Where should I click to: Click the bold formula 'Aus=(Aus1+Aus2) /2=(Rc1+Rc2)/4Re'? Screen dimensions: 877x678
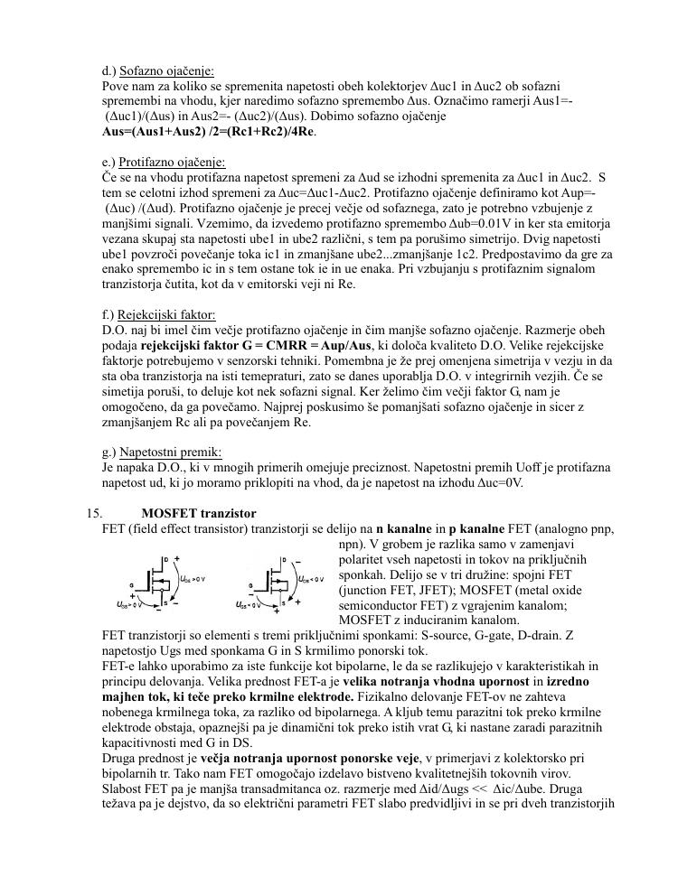[x=210, y=132]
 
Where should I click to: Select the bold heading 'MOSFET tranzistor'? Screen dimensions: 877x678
[x=199, y=513]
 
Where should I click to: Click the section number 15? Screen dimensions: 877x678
[x=95, y=513]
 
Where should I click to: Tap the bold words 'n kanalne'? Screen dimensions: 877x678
[x=404, y=528]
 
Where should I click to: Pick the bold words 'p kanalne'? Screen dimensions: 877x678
[x=484, y=528]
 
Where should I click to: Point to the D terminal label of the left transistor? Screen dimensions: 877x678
[x=165, y=559]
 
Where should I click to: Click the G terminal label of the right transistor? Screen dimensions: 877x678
[x=250, y=586]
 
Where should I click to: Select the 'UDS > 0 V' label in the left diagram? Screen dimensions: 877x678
[x=192, y=579]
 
